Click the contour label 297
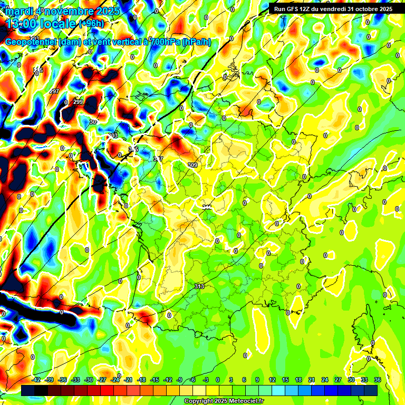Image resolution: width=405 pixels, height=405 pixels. (x=54, y=91)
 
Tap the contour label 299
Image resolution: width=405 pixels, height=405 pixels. (x=78, y=102)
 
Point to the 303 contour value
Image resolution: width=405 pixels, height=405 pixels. (x=112, y=136)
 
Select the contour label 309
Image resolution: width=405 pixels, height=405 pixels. (x=192, y=165)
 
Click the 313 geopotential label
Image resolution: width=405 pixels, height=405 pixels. (x=199, y=286)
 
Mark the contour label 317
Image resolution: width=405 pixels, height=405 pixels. (x=158, y=159)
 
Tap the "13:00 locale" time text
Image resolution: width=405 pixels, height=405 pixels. (x=41, y=24)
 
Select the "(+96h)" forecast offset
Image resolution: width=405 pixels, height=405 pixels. (x=91, y=24)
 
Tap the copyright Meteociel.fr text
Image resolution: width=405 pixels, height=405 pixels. (x=224, y=401)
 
